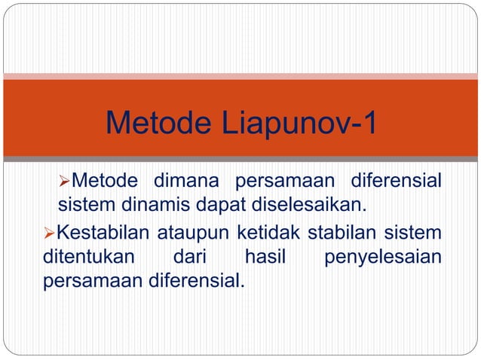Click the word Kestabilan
tap(99, 231)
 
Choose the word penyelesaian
tap(382, 258)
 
